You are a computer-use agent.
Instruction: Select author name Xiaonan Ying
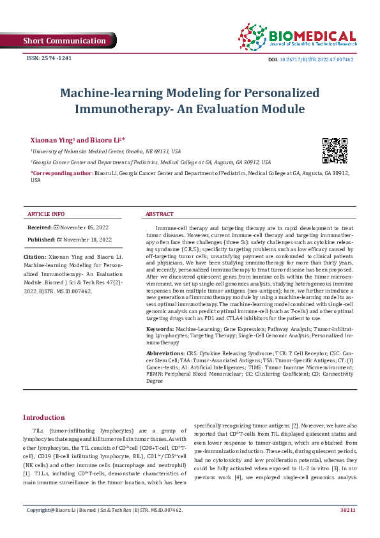[x=52, y=139]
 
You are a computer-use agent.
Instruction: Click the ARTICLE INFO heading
[x=45, y=214]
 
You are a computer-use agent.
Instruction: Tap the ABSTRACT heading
[x=160, y=214]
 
